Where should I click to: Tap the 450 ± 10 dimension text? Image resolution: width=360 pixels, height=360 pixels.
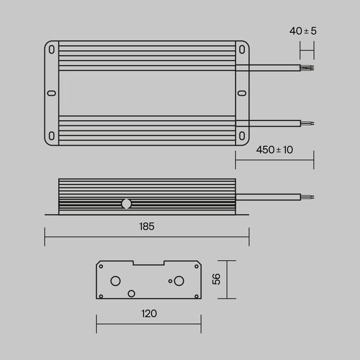pos(275,150)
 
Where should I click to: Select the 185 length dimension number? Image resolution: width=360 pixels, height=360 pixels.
pos(146,226)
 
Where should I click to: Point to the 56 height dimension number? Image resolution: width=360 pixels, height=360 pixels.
pos(216,279)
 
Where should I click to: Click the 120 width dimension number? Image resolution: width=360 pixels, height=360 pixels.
pos(148,313)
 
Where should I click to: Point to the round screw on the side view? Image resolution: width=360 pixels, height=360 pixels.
pos(126,203)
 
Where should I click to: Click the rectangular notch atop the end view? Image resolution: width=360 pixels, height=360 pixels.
pos(148,264)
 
